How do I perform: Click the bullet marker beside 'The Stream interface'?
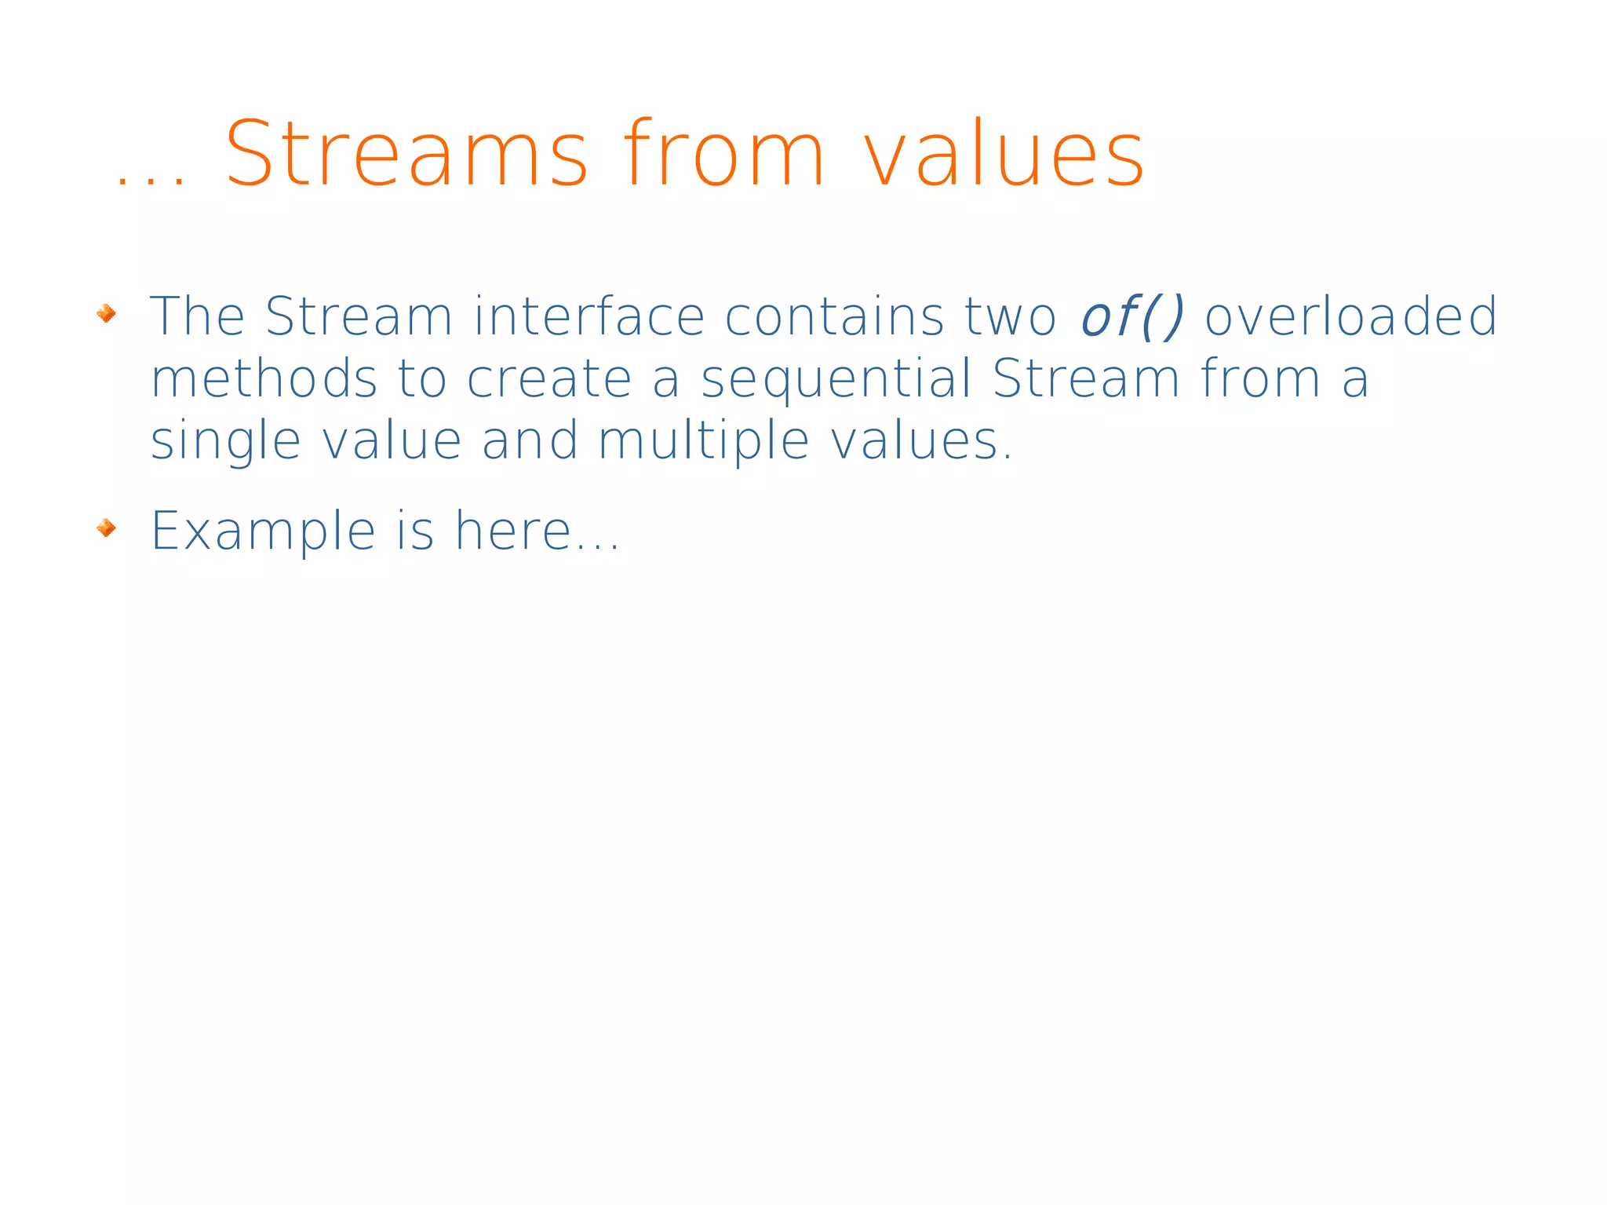[106, 314]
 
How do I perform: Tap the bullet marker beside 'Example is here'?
[106, 528]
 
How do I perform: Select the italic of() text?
[1131, 316]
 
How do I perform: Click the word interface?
[590, 316]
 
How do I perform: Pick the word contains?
[834, 316]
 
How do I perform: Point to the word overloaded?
[1350, 316]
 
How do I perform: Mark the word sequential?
[836, 380]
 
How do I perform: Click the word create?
[549, 378]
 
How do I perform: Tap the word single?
[226, 441]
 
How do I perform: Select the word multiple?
[703, 441]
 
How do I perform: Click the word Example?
[263, 532]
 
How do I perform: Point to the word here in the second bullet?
[514, 531]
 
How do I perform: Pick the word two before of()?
[1011, 316]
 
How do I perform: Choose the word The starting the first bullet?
[197, 316]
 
